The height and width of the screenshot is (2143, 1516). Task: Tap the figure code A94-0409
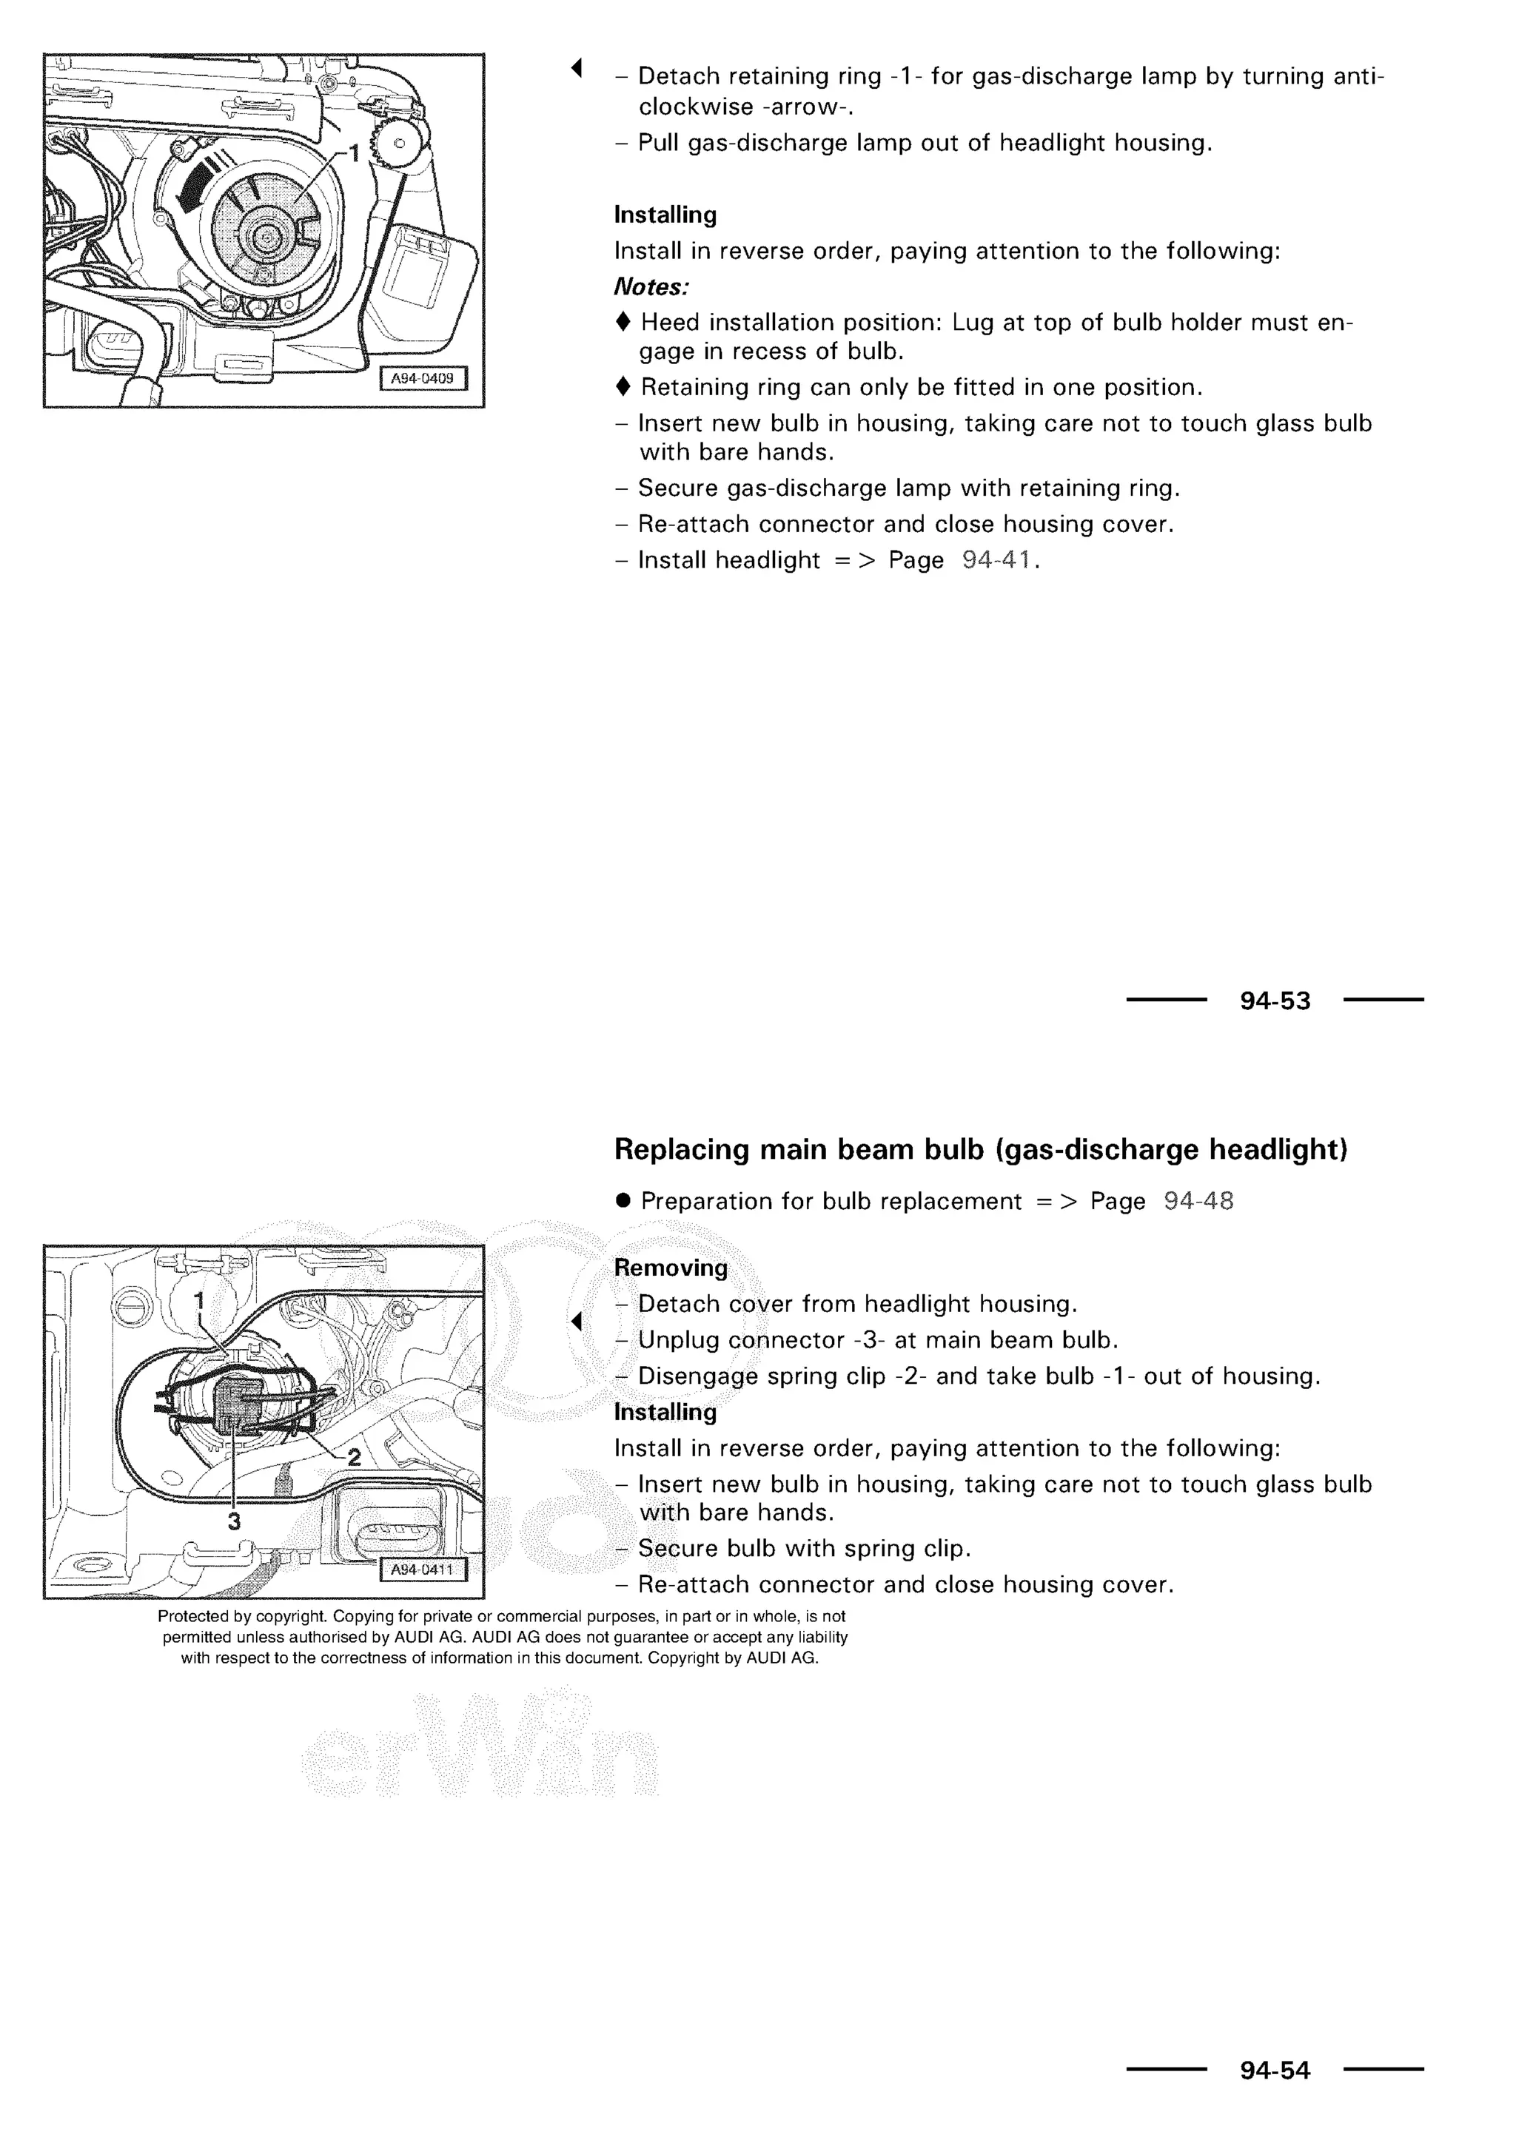pyautogui.click(x=423, y=378)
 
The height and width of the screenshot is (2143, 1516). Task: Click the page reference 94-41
pyautogui.click(x=996, y=560)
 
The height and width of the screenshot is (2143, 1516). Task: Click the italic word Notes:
pyautogui.click(x=651, y=286)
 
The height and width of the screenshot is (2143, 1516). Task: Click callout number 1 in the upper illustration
pyautogui.click(x=354, y=152)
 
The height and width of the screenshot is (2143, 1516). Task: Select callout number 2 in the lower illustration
pyautogui.click(x=355, y=1456)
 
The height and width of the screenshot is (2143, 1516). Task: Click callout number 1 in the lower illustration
pyautogui.click(x=199, y=1300)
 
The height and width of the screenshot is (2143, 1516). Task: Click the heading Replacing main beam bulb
pyautogui.click(x=980, y=1149)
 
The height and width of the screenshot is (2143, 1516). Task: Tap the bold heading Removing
pyautogui.click(x=670, y=1268)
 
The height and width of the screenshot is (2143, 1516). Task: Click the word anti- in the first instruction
pyautogui.click(x=1358, y=75)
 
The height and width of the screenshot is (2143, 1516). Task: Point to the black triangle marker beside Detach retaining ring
pyautogui.click(x=577, y=67)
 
